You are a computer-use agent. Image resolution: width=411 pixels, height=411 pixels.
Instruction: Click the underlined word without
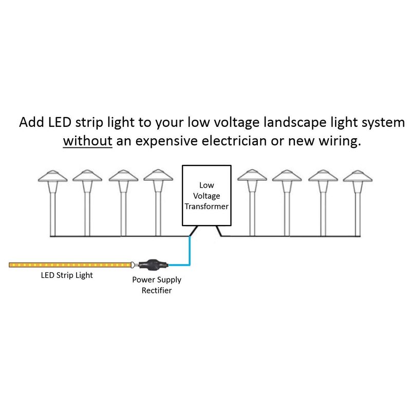point(87,141)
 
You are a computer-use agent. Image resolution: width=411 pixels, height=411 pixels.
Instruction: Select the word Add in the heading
point(30,123)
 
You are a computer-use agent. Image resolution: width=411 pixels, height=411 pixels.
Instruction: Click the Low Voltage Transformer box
point(207,196)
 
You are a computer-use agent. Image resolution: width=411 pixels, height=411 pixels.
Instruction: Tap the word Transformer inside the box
point(207,206)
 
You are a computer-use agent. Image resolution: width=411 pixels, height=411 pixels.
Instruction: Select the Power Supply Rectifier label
point(156,285)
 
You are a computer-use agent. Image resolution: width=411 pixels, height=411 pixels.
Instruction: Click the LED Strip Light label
point(67,275)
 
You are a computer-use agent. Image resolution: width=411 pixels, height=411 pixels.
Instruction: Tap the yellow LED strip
point(69,265)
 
